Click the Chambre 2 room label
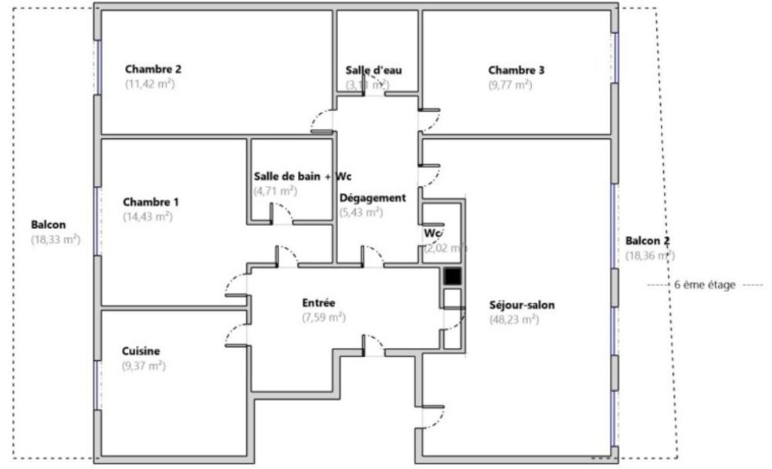pos(153,69)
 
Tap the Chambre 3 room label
pos(516,70)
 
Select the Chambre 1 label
pos(151,202)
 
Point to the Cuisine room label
pos(141,351)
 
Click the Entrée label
pos(318,302)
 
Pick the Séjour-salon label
pos(522,305)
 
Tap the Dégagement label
pos(373,197)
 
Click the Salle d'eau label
pos(374,70)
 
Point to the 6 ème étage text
pos(705,285)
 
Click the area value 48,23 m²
pos(514,319)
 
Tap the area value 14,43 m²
pos(147,217)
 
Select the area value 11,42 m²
pos(150,84)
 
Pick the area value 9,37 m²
pos(144,366)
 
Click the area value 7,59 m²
pos(323,317)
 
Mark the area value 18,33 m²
pos(56,239)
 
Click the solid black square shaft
pos(452,275)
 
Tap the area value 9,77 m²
pos(510,85)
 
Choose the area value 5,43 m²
pos(361,212)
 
